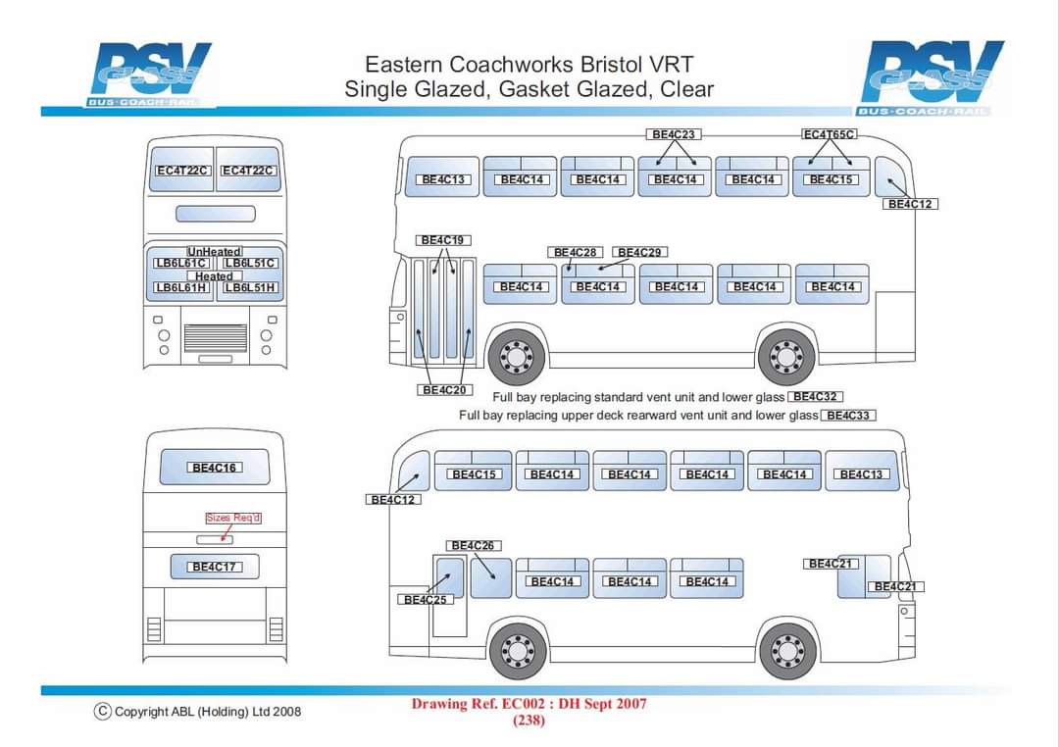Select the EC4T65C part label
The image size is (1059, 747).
830,134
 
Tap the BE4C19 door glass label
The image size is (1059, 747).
444,240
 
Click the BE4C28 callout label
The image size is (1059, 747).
576,253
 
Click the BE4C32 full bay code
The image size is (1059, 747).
816,397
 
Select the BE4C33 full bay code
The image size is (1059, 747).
848,416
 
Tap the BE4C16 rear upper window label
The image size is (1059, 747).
215,469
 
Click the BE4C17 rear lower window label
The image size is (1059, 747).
215,567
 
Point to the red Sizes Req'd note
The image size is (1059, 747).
233,518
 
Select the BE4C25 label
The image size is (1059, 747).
427,600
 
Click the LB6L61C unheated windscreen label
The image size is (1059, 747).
180,264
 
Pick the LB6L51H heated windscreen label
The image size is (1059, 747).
250,288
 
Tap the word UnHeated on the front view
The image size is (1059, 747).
214,252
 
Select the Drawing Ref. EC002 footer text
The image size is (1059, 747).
529,704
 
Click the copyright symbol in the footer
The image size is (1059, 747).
102,711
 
